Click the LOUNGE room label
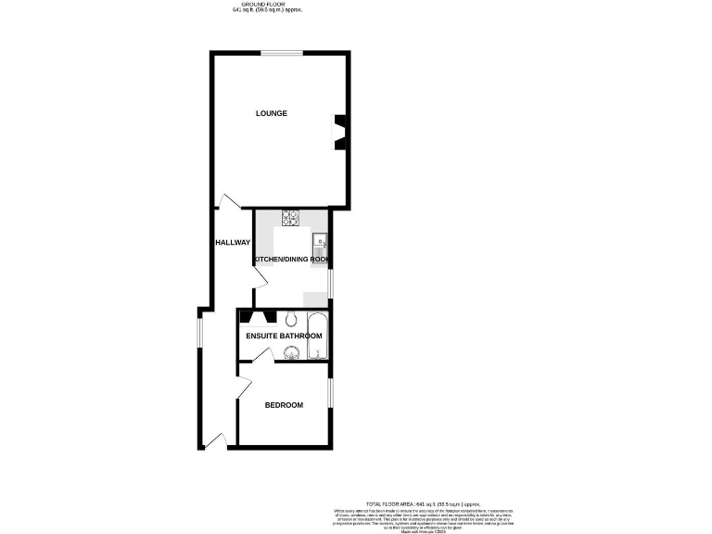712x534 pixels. pos(272,113)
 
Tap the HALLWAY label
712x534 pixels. pos(232,243)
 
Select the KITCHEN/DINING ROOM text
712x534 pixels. pos(292,260)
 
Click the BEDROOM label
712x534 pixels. pos(284,404)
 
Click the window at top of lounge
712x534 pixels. pos(281,54)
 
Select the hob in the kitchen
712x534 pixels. pos(290,219)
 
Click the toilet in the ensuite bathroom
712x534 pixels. pos(290,317)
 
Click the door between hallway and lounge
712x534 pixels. pos(228,201)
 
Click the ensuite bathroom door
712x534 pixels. pos(261,356)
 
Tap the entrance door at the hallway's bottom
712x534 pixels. pos(215,440)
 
